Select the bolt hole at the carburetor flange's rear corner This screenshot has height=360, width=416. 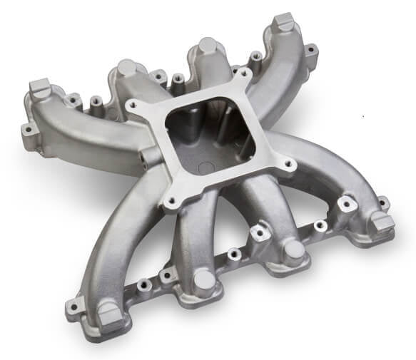[x=245, y=73]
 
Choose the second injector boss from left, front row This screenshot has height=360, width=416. [x=205, y=279]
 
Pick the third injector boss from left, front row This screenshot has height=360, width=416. [x=293, y=250]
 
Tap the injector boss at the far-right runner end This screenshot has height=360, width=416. [x=382, y=222]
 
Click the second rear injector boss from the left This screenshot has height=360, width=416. [x=126, y=68]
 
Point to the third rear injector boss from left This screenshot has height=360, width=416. [x=208, y=46]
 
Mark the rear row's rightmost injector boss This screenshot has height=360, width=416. [x=283, y=21]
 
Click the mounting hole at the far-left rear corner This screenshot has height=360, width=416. [x=27, y=130]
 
